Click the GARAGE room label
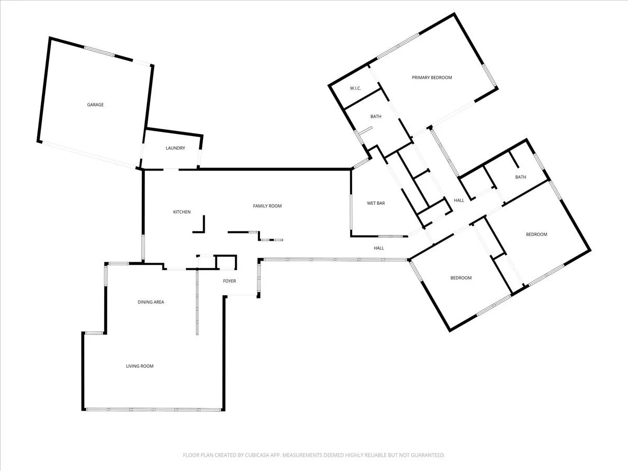tap(95, 105)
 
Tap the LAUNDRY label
tap(175, 148)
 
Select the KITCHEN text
tap(182, 212)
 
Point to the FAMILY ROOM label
tap(267, 206)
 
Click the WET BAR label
tap(376, 203)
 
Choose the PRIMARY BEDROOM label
tap(432, 77)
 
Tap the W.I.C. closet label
tap(355, 88)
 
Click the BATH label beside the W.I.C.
tap(376, 116)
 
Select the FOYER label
tap(229, 281)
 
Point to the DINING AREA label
tap(151, 302)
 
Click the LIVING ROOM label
tap(140, 366)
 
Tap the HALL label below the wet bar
tap(379, 248)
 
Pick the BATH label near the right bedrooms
tap(521, 177)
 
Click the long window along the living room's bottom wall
tap(154, 410)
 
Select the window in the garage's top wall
tap(99, 51)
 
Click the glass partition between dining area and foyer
tap(197, 302)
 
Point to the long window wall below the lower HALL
tap(335, 260)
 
